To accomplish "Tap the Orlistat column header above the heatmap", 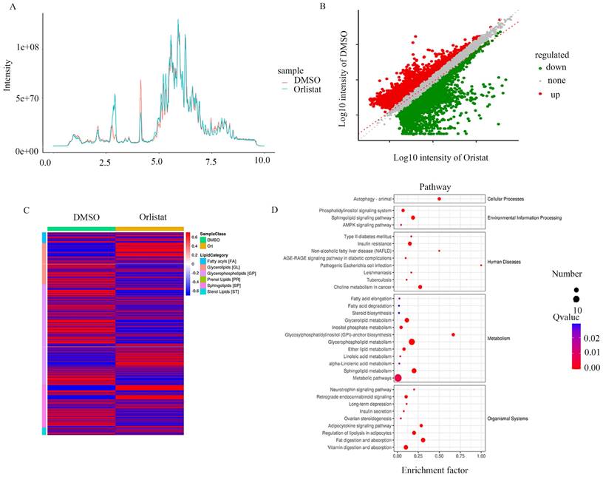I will tap(146, 219).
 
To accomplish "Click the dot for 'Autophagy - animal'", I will tap(439, 198).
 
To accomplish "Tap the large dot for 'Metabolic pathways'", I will tap(398, 378).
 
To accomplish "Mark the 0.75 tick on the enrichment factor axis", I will tap(460, 458).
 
